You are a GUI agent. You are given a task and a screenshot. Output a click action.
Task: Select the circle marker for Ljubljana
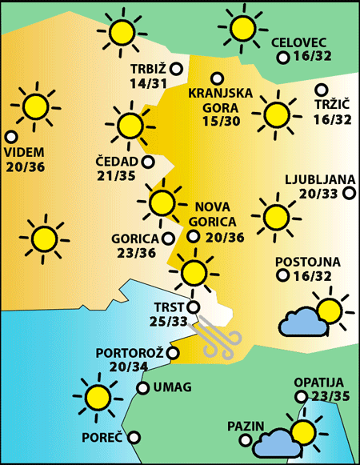[349, 193]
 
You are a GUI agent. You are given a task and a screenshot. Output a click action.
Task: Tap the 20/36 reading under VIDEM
[26, 166]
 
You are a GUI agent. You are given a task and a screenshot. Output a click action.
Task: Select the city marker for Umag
[143, 388]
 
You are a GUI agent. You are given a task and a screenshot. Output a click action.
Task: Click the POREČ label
[102, 439]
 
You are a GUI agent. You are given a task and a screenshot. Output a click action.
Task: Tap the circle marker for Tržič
[322, 90]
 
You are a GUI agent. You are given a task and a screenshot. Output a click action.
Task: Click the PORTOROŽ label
[129, 353]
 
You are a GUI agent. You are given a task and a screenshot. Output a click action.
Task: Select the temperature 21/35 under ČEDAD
[117, 176]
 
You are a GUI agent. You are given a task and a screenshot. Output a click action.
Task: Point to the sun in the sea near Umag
[98, 396]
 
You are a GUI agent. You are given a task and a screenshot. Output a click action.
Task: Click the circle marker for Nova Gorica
[193, 236]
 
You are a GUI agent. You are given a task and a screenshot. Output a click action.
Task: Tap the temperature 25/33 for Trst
[169, 321]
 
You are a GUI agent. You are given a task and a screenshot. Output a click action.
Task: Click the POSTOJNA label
[308, 262]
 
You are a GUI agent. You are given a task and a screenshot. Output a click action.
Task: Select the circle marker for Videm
[11, 137]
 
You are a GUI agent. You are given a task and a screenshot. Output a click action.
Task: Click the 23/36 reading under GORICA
[134, 253]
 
